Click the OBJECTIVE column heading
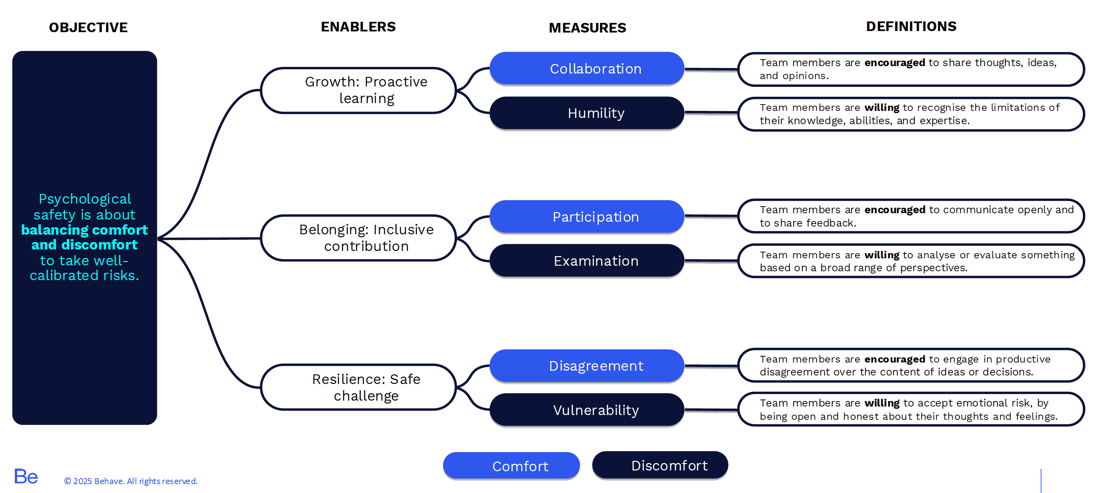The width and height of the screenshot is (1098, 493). tap(88, 27)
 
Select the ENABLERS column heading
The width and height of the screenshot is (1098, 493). tap(358, 27)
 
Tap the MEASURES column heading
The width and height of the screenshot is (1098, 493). tap(587, 28)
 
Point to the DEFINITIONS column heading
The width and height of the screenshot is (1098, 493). tap(911, 27)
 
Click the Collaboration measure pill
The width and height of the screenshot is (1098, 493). tap(587, 69)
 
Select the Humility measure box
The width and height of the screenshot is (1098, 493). tap(587, 113)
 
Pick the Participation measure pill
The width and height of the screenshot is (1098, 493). tap(587, 217)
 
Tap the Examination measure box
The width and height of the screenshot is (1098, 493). tap(587, 261)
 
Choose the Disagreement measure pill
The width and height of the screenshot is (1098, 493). tap(587, 365)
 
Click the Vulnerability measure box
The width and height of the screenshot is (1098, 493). tap(587, 410)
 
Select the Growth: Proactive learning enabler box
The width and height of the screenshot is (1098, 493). tap(358, 90)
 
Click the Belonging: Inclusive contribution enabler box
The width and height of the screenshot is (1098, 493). tap(358, 238)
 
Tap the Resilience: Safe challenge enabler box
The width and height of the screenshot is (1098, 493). tap(358, 387)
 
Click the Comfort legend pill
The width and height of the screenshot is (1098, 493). tap(511, 466)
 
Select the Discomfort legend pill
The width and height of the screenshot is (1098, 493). tap(660, 465)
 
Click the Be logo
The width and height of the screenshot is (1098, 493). tap(25, 476)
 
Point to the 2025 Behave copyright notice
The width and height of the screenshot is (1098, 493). tap(130, 481)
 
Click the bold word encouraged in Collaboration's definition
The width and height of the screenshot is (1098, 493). tap(894, 63)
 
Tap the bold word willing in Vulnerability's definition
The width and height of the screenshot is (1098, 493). tap(882, 403)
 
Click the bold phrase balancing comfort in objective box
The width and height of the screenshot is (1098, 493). tap(84, 230)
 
